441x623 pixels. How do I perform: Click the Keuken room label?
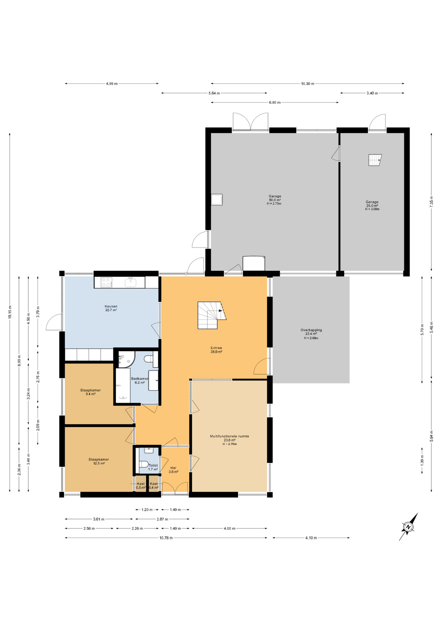click(111, 308)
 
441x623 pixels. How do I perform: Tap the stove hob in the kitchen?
click(107, 282)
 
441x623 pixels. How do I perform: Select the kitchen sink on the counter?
click(131, 282)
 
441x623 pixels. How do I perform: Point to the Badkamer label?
click(140, 380)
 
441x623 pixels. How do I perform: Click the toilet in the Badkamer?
click(149, 359)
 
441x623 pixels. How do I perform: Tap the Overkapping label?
click(311, 332)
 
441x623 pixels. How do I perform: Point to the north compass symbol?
click(408, 527)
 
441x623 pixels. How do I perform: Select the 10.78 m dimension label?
click(166, 538)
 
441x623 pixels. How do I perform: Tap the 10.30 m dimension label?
click(307, 84)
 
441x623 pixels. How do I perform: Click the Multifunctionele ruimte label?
click(229, 438)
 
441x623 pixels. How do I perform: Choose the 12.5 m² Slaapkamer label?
click(99, 461)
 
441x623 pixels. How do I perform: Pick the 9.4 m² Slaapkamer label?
click(91, 392)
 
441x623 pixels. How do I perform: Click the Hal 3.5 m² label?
click(173, 470)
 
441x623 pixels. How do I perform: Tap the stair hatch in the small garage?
click(375, 160)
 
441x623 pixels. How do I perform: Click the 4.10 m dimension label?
click(311, 538)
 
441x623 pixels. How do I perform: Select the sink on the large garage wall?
click(217, 200)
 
